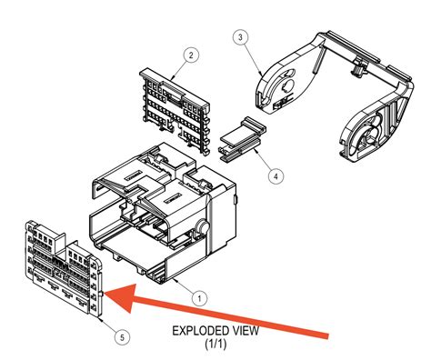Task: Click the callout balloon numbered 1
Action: (x=199, y=296)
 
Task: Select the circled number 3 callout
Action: (x=239, y=37)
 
